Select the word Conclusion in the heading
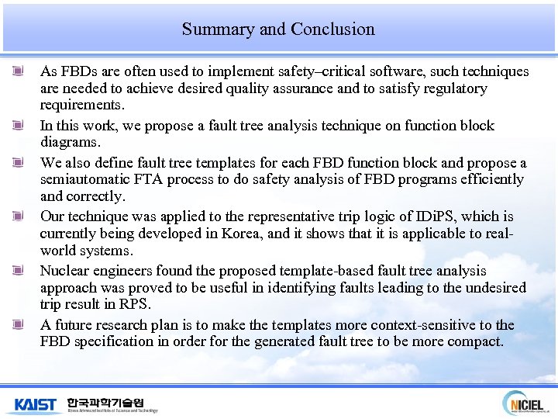(333, 29)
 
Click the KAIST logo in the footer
(36, 403)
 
